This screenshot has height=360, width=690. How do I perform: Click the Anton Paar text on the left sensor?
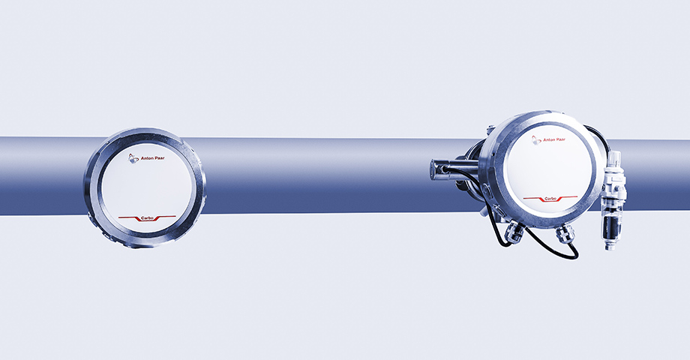[x=152, y=158]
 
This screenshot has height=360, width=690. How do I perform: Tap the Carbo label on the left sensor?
[x=147, y=217]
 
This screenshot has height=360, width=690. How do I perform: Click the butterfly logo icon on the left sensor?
[x=133, y=158]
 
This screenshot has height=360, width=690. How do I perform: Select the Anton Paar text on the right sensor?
[x=554, y=140]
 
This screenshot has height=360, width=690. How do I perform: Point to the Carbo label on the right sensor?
[x=550, y=199]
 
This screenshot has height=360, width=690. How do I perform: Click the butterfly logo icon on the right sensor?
[x=536, y=140]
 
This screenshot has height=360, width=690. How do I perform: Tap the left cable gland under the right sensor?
[x=514, y=232]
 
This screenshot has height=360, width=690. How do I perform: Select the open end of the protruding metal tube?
[x=435, y=170]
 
